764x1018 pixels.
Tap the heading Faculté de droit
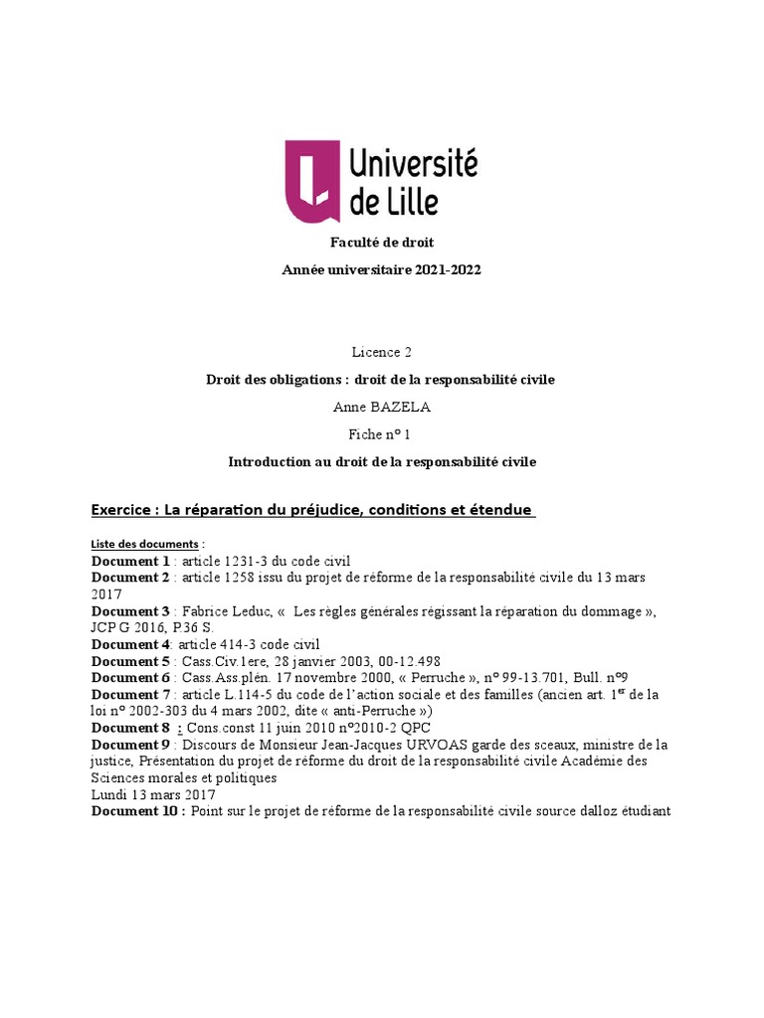[x=382, y=243]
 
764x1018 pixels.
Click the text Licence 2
[x=381, y=352]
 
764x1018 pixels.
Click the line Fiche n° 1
[x=382, y=434]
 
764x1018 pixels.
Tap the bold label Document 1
[x=130, y=561]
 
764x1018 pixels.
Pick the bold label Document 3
[x=130, y=610]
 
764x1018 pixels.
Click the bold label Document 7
[x=130, y=694]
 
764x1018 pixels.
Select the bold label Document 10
[x=135, y=811]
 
